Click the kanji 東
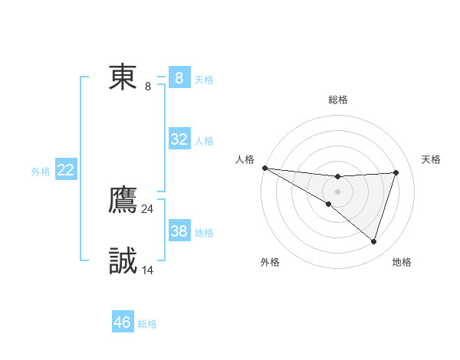point(123,77)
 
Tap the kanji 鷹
point(123,200)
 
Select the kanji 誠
point(123,261)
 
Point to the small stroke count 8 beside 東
point(148,87)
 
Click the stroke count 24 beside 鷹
point(148,208)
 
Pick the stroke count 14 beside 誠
point(148,270)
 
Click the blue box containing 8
point(179,78)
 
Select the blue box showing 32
point(179,139)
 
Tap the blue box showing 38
point(179,231)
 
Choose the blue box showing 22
point(66,170)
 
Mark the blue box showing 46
point(123,322)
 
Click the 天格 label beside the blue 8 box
point(204,79)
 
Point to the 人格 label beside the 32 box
point(204,140)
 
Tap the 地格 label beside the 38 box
point(204,232)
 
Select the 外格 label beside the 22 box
point(41,172)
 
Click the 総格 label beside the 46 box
point(147,324)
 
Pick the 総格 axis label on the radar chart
point(337,100)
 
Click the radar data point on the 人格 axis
point(264,168)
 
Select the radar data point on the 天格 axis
point(396,172)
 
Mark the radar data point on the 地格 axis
point(373,241)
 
